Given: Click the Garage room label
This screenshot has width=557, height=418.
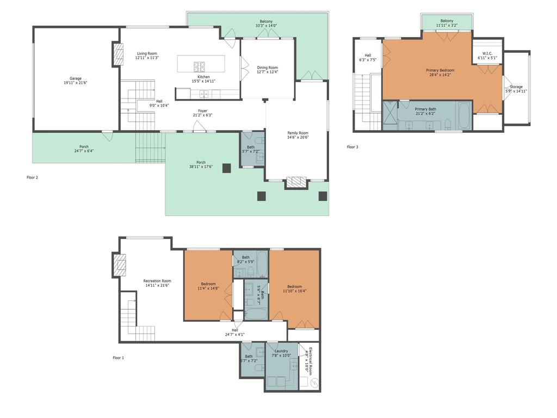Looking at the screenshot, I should [x=75, y=81].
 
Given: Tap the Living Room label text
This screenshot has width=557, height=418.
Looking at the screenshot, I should [x=146, y=56].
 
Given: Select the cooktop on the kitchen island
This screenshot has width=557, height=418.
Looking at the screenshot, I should [x=200, y=66].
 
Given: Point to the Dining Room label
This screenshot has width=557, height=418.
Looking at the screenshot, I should [x=267, y=70].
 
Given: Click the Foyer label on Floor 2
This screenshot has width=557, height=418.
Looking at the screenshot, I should [x=202, y=113].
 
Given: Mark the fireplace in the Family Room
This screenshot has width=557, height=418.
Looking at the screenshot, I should [x=296, y=182].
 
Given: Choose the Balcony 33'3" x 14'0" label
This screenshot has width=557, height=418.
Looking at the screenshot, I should [x=266, y=23].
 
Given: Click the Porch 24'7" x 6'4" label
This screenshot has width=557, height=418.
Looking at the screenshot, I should [x=84, y=149].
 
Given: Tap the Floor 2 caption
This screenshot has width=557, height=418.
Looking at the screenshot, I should [x=33, y=177].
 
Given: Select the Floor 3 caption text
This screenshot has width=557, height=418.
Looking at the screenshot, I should [x=352, y=147].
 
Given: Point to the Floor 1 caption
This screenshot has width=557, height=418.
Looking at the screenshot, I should [x=118, y=358].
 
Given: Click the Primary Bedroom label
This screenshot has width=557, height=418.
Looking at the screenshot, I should [x=440, y=72].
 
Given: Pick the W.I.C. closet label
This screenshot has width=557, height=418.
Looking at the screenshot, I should [x=487, y=56].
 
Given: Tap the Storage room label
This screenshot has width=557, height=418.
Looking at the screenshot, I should [x=516, y=89].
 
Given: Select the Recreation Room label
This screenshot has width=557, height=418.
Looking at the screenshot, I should [x=157, y=283].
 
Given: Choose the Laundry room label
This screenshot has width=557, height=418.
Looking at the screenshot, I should [x=281, y=353].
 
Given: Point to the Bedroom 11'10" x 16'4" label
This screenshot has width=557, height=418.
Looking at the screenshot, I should [x=294, y=288].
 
